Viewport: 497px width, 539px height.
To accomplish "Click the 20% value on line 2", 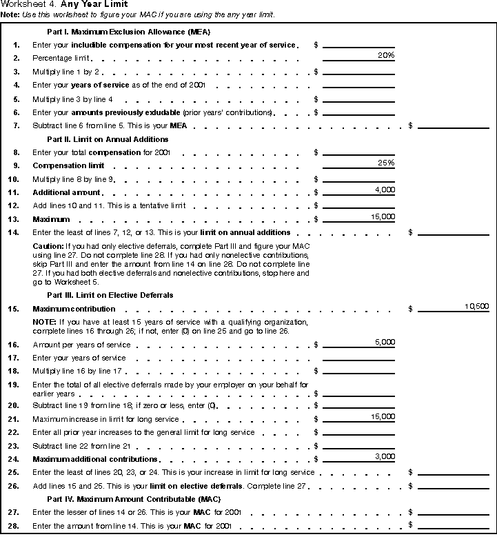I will [x=385, y=56].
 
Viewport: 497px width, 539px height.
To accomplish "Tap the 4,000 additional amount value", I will [x=384, y=190].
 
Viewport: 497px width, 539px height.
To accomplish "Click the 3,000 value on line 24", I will [x=384, y=456].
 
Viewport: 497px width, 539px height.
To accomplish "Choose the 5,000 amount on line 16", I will [x=384, y=343].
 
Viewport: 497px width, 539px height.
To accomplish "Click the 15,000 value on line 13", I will [x=382, y=216].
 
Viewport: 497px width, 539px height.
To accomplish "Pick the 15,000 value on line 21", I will [x=382, y=417].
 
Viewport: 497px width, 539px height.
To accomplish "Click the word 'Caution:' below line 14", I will [x=48, y=245].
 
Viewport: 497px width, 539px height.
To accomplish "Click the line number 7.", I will [x=17, y=126].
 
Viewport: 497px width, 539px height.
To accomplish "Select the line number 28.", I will [x=16, y=527].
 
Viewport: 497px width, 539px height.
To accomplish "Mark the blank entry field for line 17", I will [x=358, y=358].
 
